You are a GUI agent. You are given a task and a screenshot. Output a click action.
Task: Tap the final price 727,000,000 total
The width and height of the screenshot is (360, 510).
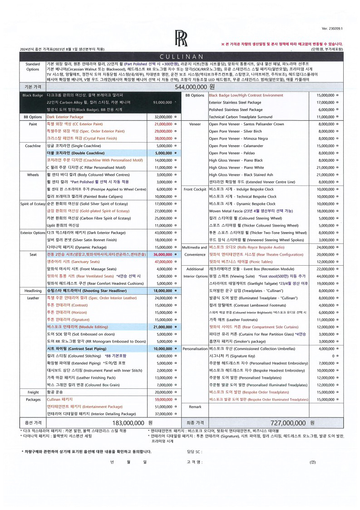pyautogui.click(x=287, y=422)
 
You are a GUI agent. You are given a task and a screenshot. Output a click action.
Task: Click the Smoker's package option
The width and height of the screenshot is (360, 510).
pyautogui.click(x=231, y=341)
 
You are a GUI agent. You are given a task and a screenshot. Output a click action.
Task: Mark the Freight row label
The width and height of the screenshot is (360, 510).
pyautogui.click(x=33, y=392)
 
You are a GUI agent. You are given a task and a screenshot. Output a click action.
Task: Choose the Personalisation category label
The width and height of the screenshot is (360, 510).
pyautogui.click(x=195, y=348)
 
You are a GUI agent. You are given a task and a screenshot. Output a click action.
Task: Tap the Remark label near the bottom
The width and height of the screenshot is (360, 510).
pyautogui.click(x=195, y=407)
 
